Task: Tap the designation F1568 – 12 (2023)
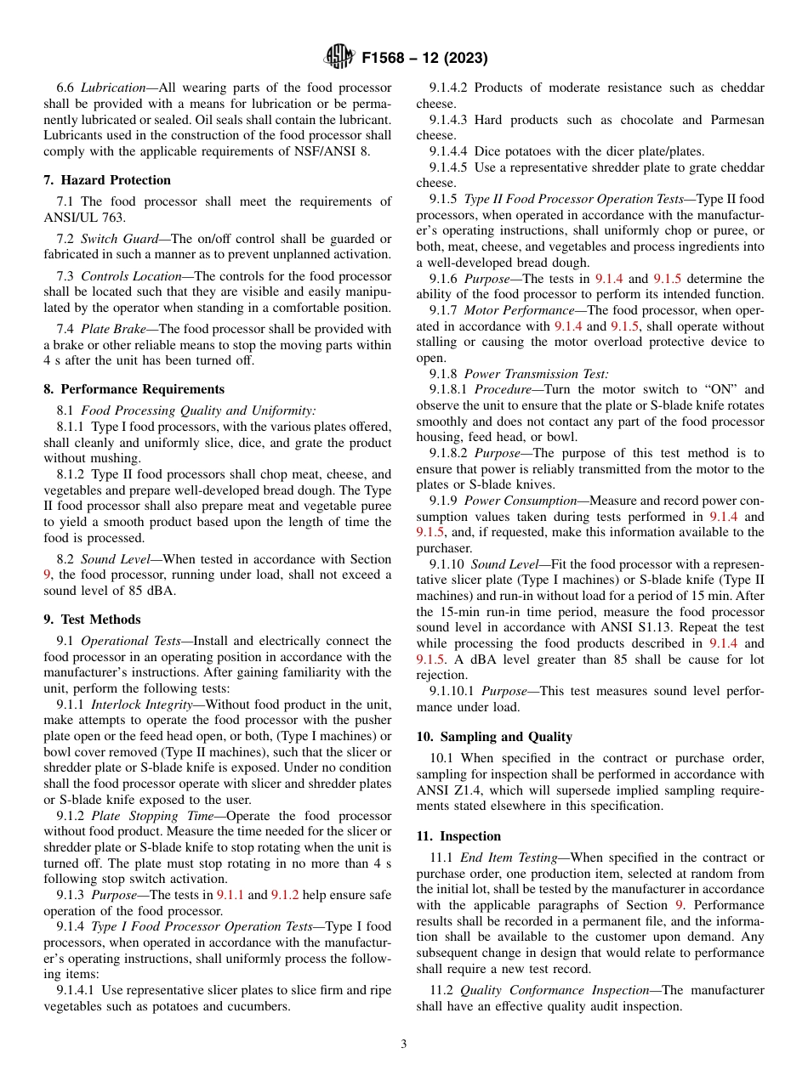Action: tap(424, 59)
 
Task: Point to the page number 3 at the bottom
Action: tap(404, 1044)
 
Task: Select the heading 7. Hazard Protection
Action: tap(107, 180)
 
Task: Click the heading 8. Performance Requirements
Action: tap(134, 389)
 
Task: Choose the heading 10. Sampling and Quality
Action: tap(494, 737)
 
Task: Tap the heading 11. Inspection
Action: tap(458, 836)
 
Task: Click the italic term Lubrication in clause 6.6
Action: tap(114, 88)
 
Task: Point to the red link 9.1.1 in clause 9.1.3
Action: tap(230, 895)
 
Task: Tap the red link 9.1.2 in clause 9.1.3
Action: tap(284, 895)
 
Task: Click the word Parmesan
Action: tap(734, 120)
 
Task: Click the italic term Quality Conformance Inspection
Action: tap(556, 990)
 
